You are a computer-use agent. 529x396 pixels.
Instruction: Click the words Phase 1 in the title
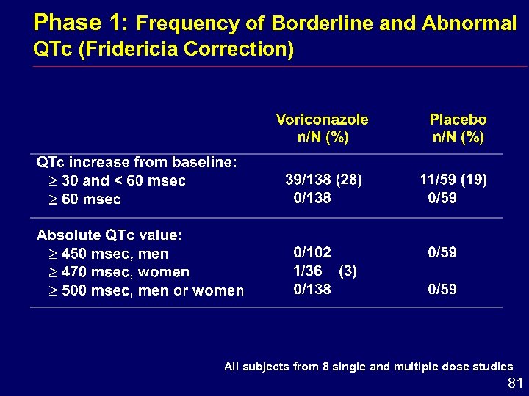82,22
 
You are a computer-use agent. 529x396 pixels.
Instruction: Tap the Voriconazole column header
322,128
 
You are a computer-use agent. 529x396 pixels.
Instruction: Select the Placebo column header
458,128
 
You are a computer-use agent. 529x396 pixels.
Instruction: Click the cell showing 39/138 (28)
323,180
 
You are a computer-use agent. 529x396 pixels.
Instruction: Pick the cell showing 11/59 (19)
453,180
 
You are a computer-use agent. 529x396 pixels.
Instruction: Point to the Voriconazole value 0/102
312,252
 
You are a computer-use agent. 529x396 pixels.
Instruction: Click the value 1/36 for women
308,271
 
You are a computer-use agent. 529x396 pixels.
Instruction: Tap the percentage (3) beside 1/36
348,271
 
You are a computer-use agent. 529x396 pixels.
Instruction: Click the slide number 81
516,383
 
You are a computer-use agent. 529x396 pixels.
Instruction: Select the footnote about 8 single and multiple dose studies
368,367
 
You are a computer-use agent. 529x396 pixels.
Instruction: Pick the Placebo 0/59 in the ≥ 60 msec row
442,198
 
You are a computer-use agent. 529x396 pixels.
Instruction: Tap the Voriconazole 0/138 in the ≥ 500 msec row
312,289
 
